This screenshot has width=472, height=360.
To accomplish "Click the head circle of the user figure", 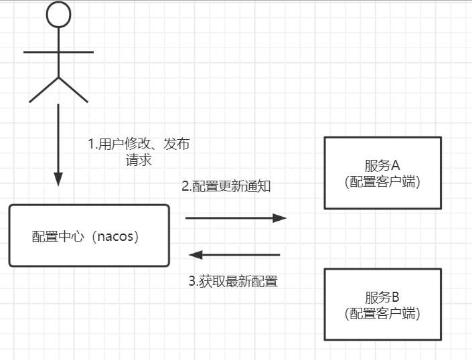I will coord(58,14).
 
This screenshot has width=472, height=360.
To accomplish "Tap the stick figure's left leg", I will coord(44,90).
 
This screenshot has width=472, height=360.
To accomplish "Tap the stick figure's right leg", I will coord(74,90).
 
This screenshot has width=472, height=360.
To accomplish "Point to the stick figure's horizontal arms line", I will coord(58,51).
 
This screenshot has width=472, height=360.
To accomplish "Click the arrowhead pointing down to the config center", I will coord(58,179).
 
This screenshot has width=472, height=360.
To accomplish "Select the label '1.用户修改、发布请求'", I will coord(139,152).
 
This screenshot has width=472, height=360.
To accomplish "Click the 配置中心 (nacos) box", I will coord(89,235).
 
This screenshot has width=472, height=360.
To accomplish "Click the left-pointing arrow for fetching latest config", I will coord(234,254).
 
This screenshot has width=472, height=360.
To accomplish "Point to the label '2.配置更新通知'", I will coord(226,187).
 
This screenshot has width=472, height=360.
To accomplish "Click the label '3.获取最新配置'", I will coord(232,282).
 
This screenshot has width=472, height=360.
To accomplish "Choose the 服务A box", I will coord(383,173).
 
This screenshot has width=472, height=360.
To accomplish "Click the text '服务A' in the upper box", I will coord(382,165).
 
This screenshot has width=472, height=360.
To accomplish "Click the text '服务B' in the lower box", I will coord(382,296).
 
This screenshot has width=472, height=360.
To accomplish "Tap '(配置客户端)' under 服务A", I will coord(382,183).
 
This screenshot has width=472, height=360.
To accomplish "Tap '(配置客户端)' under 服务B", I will coord(382,313).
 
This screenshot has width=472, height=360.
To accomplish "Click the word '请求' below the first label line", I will coord(139,161).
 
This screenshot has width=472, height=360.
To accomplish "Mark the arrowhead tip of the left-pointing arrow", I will coord(190,254).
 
